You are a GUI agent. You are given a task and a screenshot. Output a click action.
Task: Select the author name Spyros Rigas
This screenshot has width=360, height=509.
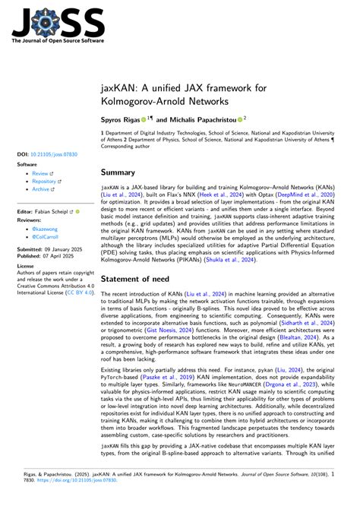[120, 119]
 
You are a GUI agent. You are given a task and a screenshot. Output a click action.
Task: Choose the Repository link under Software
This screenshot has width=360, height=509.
[45, 182]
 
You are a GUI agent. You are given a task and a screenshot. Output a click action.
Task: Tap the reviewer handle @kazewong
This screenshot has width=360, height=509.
[46, 229]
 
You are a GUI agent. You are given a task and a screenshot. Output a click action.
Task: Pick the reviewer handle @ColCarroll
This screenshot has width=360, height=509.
[47, 238]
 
